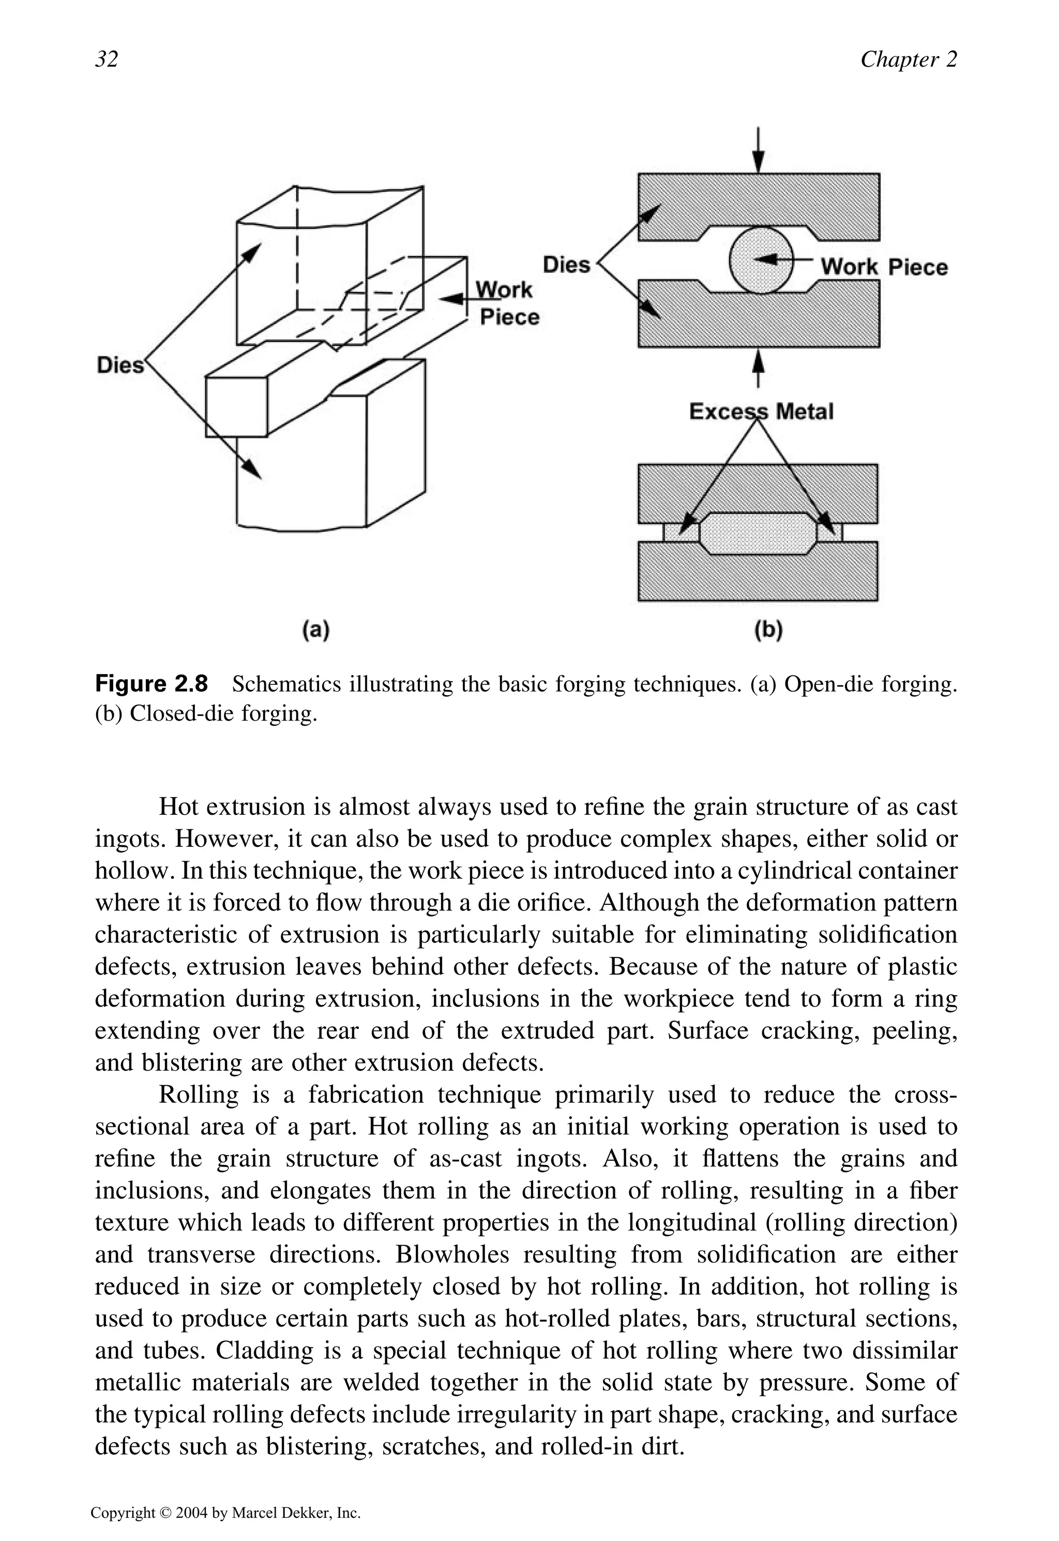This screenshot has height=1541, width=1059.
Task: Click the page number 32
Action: coord(107,59)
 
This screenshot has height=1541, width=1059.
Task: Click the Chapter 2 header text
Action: coord(909,59)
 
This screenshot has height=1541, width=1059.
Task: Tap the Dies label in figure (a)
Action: coord(120,365)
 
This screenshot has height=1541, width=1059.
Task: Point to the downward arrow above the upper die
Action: coord(759,150)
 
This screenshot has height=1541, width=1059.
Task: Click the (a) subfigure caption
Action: coord(316,629)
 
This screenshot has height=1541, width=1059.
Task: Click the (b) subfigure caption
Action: coord(768,629)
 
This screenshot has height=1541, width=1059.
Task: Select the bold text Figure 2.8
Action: coord(152,683)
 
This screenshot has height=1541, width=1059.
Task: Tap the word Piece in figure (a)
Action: coord(510,317)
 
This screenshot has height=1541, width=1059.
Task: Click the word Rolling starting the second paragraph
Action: coord(199,1095)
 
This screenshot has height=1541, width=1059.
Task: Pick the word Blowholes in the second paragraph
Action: coord(452,1254)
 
